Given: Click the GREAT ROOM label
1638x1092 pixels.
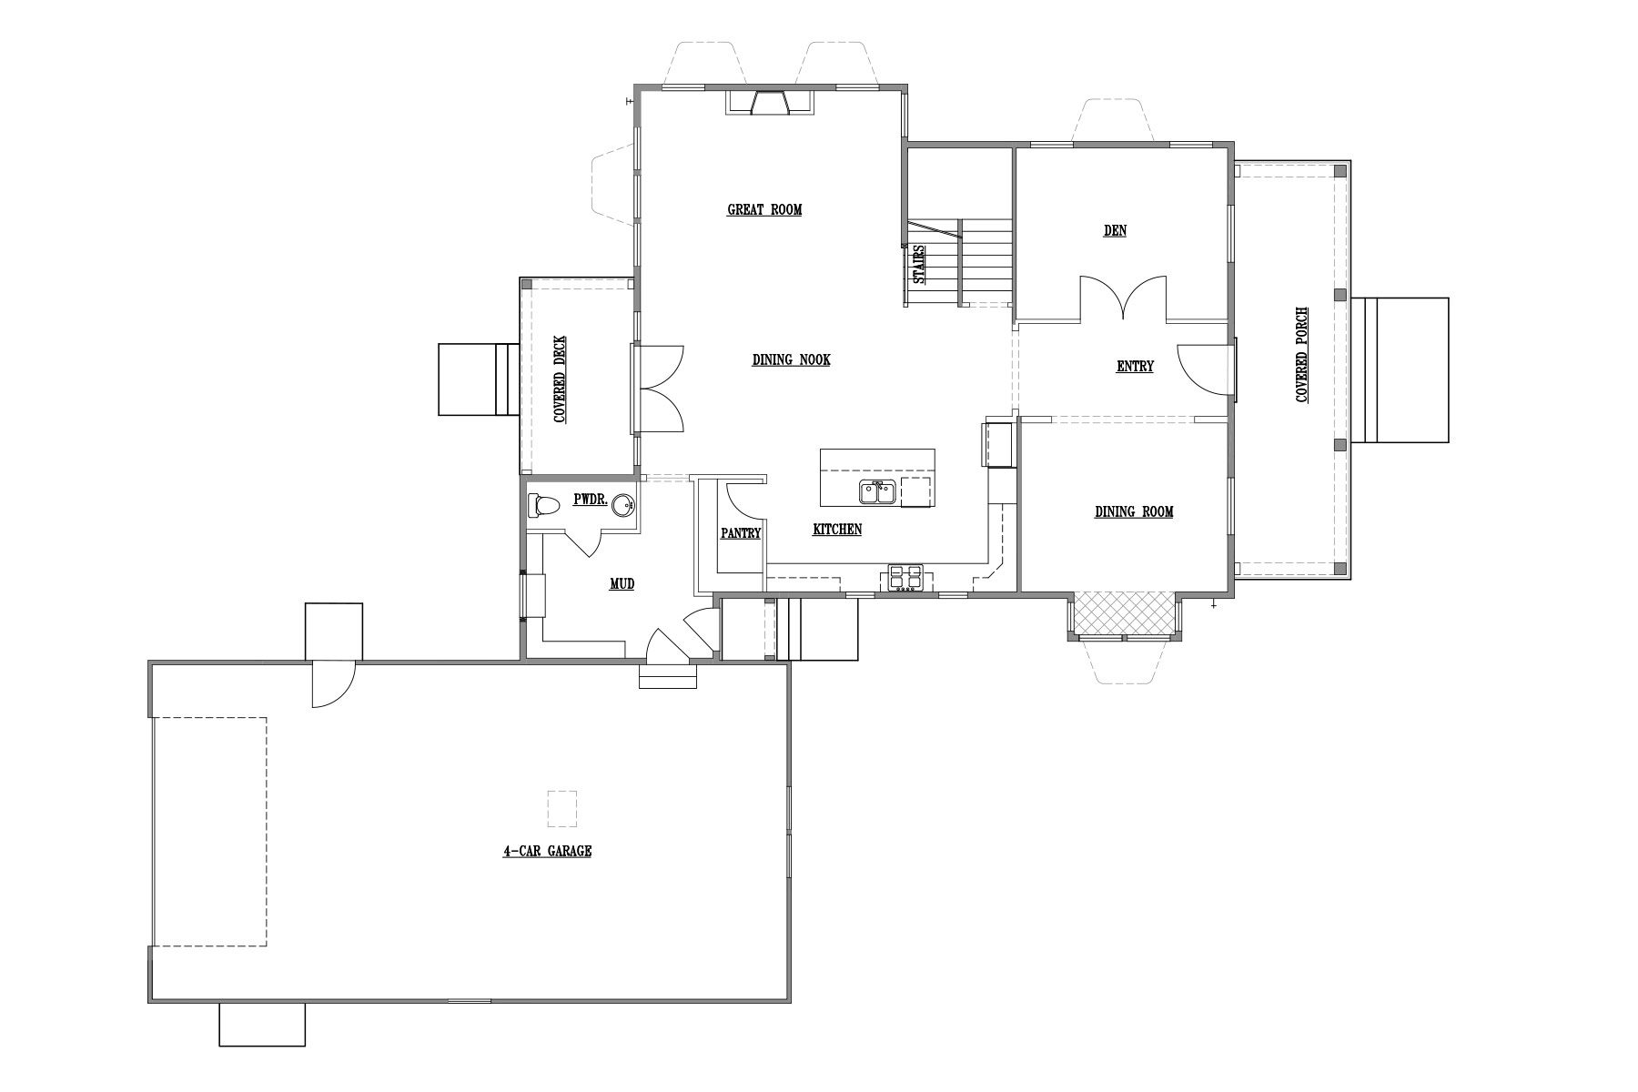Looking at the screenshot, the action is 764,210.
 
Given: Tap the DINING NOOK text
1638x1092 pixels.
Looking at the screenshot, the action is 791,360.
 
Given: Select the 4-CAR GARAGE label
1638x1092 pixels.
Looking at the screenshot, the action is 547,852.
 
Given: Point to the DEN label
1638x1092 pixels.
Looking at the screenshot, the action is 1115,231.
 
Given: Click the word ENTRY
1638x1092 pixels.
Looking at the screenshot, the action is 1135,367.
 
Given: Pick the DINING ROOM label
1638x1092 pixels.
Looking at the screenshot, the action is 1134,512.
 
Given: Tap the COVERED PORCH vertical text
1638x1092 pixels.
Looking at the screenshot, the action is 1302,355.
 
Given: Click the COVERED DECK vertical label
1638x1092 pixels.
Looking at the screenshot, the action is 560,379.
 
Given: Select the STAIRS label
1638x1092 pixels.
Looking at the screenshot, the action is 919,264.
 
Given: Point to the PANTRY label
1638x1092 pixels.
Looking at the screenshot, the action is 740,534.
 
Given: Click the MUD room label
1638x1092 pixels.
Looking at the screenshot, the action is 622,584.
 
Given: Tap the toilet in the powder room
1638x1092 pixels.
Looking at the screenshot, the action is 544,505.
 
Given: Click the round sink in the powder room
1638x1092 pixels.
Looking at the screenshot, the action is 622,505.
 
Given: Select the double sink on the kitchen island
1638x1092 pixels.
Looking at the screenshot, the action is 878,492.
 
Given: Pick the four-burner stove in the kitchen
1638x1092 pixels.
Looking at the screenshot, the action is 905,577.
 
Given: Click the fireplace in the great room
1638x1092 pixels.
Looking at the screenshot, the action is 770,103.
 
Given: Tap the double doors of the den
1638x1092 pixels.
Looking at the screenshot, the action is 1124,298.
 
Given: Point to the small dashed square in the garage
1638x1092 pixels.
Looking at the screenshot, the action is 562,809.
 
